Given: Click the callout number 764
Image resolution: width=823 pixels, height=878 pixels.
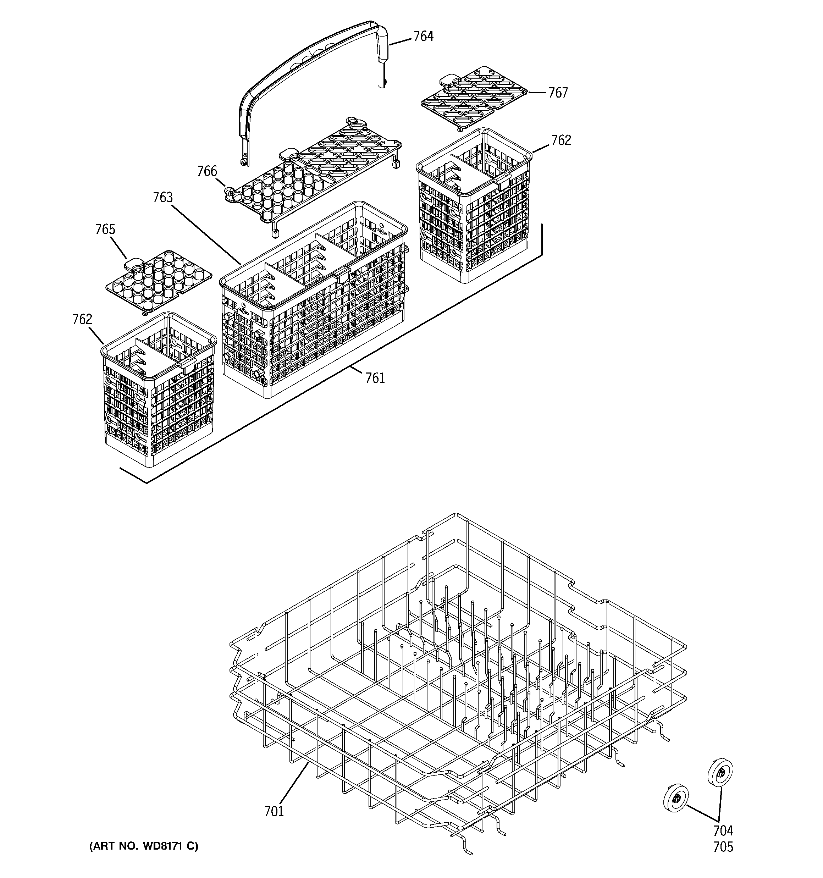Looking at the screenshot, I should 423,36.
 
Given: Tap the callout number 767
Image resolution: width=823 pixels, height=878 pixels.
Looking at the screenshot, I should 558,93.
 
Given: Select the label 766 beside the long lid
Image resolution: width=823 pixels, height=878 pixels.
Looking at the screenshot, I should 207,171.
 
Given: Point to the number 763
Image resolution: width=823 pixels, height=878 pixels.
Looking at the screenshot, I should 162,198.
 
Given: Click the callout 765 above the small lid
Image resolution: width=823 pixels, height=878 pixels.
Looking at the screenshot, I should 105,229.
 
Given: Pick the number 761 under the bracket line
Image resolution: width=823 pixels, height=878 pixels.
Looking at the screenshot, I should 375,378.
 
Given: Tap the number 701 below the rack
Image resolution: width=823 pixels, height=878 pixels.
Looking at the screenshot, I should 274,811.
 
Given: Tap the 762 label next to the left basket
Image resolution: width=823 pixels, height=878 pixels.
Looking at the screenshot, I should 82,319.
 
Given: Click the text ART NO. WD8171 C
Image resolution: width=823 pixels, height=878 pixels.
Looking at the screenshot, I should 144,846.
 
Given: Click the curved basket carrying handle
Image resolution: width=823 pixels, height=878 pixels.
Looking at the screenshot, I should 309,66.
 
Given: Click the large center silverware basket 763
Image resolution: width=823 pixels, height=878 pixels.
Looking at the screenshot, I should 314,305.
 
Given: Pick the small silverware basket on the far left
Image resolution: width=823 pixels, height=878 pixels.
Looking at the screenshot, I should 158,389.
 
